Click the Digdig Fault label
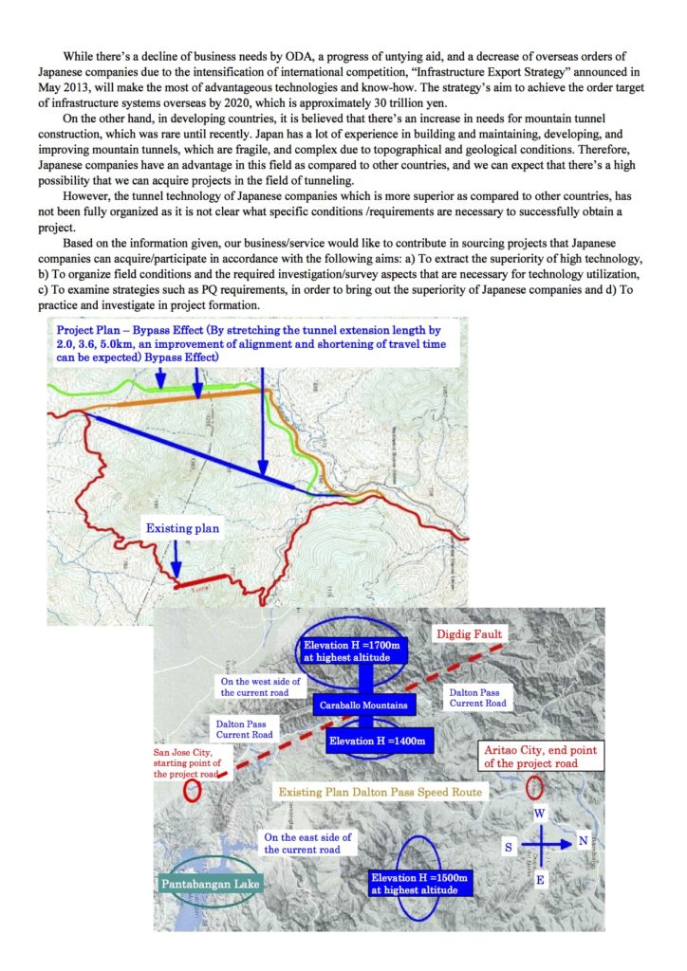(470, 633)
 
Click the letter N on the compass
(582, 842)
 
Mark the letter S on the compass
(509, 844)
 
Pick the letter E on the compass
(541, 880)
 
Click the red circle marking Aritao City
(533, 787)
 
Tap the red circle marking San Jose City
(193, 791)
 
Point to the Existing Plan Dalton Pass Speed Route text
(379, 791)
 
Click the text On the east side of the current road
(307, 843)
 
